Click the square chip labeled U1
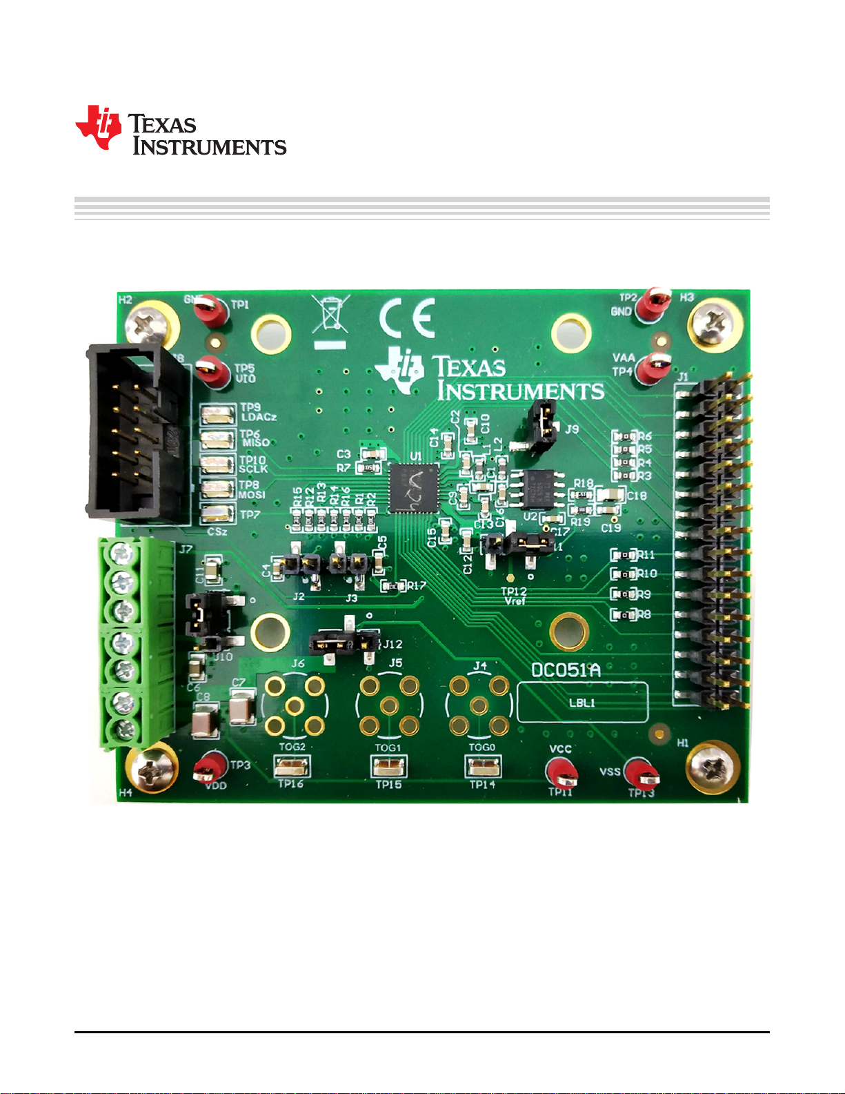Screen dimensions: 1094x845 click(414, 487)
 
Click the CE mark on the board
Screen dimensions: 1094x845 click(407, 318)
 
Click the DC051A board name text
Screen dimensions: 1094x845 click(566, 670)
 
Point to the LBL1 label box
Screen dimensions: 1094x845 click(582, 702)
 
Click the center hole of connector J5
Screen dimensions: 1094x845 click(389, 705)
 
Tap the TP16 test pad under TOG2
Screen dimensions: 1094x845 click(292, 766)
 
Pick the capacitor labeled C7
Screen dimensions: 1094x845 click(241, 709)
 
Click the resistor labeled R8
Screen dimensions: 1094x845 click(623, 614)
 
